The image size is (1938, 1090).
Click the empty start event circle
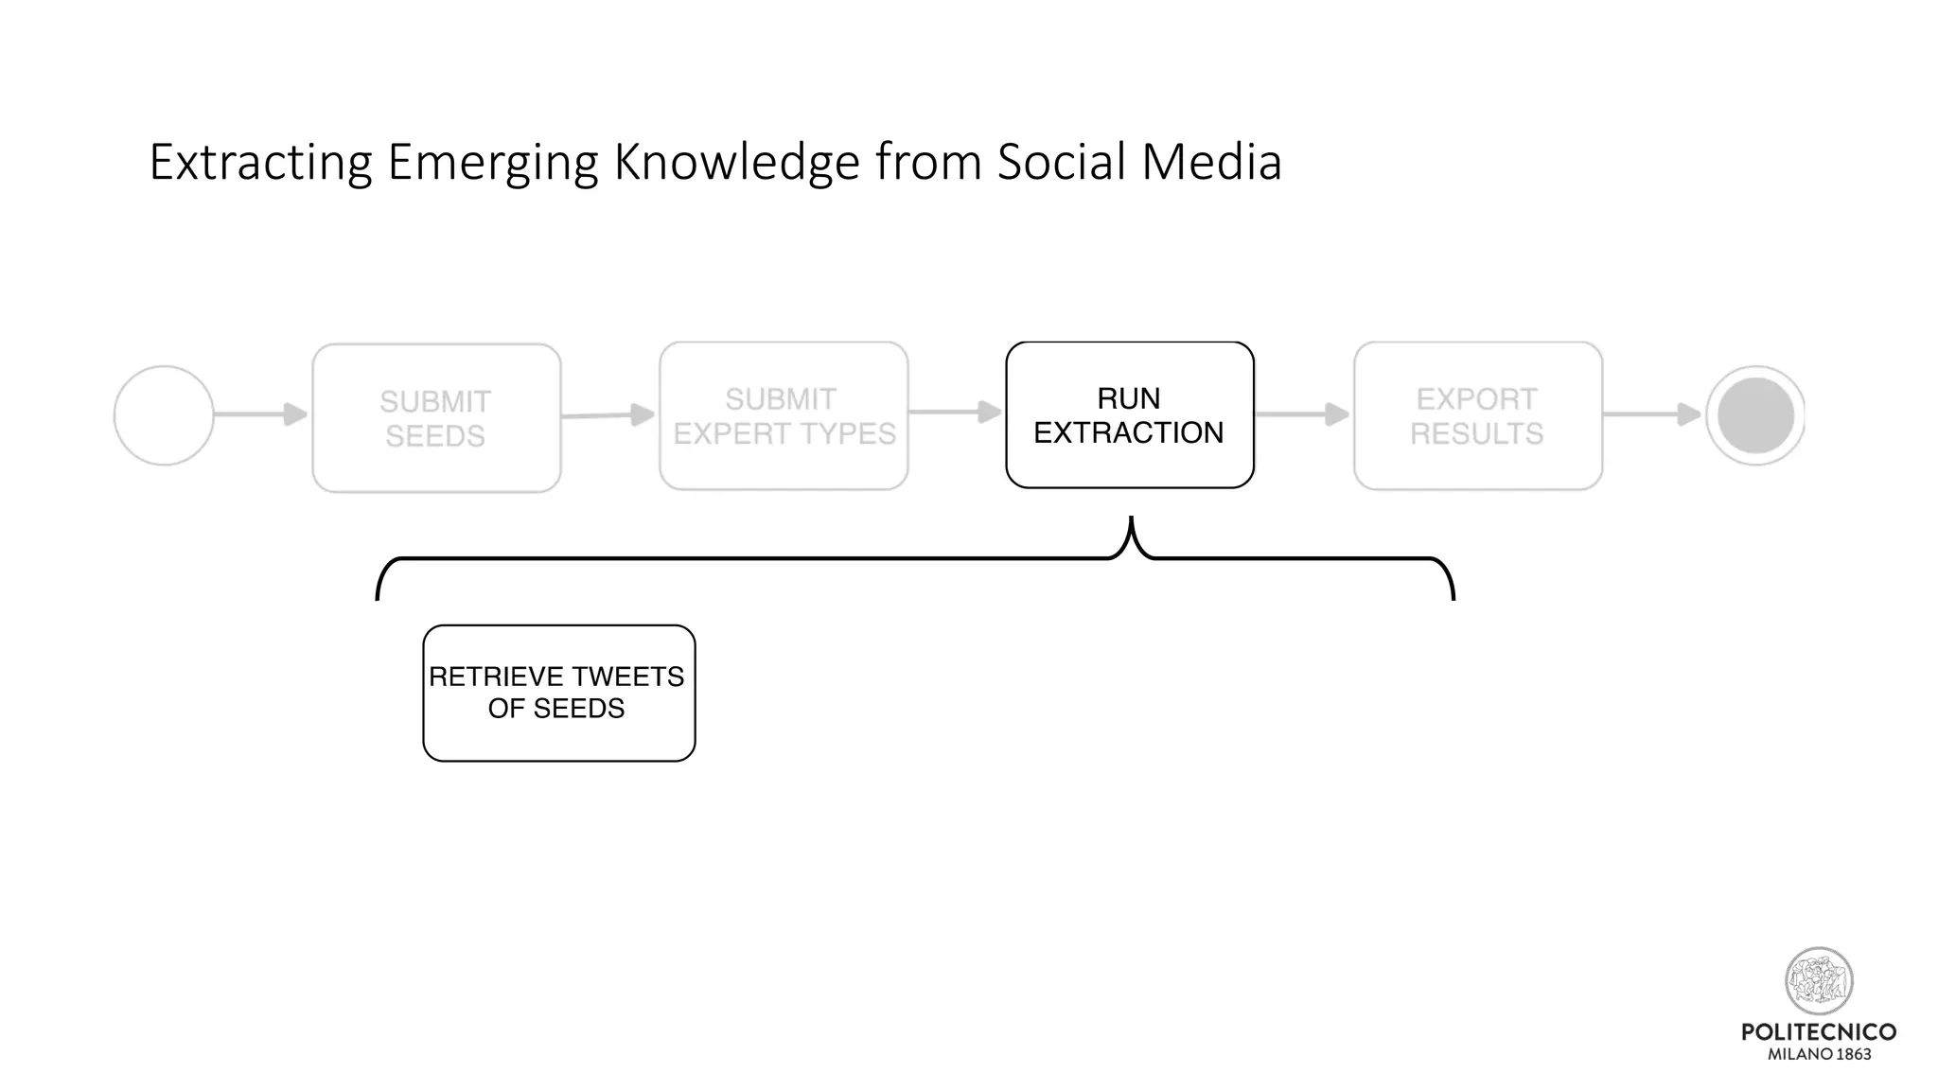(x=164, y=415)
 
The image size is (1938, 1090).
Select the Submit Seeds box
(x=436, y=418)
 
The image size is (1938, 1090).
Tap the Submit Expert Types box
(x=784, y=416)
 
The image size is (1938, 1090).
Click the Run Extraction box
(x=1130, y=415)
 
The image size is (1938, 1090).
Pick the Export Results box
(x=1477, y=416)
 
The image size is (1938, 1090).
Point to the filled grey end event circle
(x=1755, y=415)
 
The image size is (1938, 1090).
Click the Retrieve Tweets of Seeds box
(x=558, y=693)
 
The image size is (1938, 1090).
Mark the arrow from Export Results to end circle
(x=1652, y=414)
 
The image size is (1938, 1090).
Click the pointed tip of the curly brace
(x=1131, y=520)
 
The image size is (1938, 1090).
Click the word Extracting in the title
(x=260, y=163)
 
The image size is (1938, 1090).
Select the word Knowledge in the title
(x=736, y=163)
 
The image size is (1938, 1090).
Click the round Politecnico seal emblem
(x=1818, y=981)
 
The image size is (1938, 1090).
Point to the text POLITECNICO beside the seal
(x=1818, y=1032)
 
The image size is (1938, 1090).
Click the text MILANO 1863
(x=1819, y=1054)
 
